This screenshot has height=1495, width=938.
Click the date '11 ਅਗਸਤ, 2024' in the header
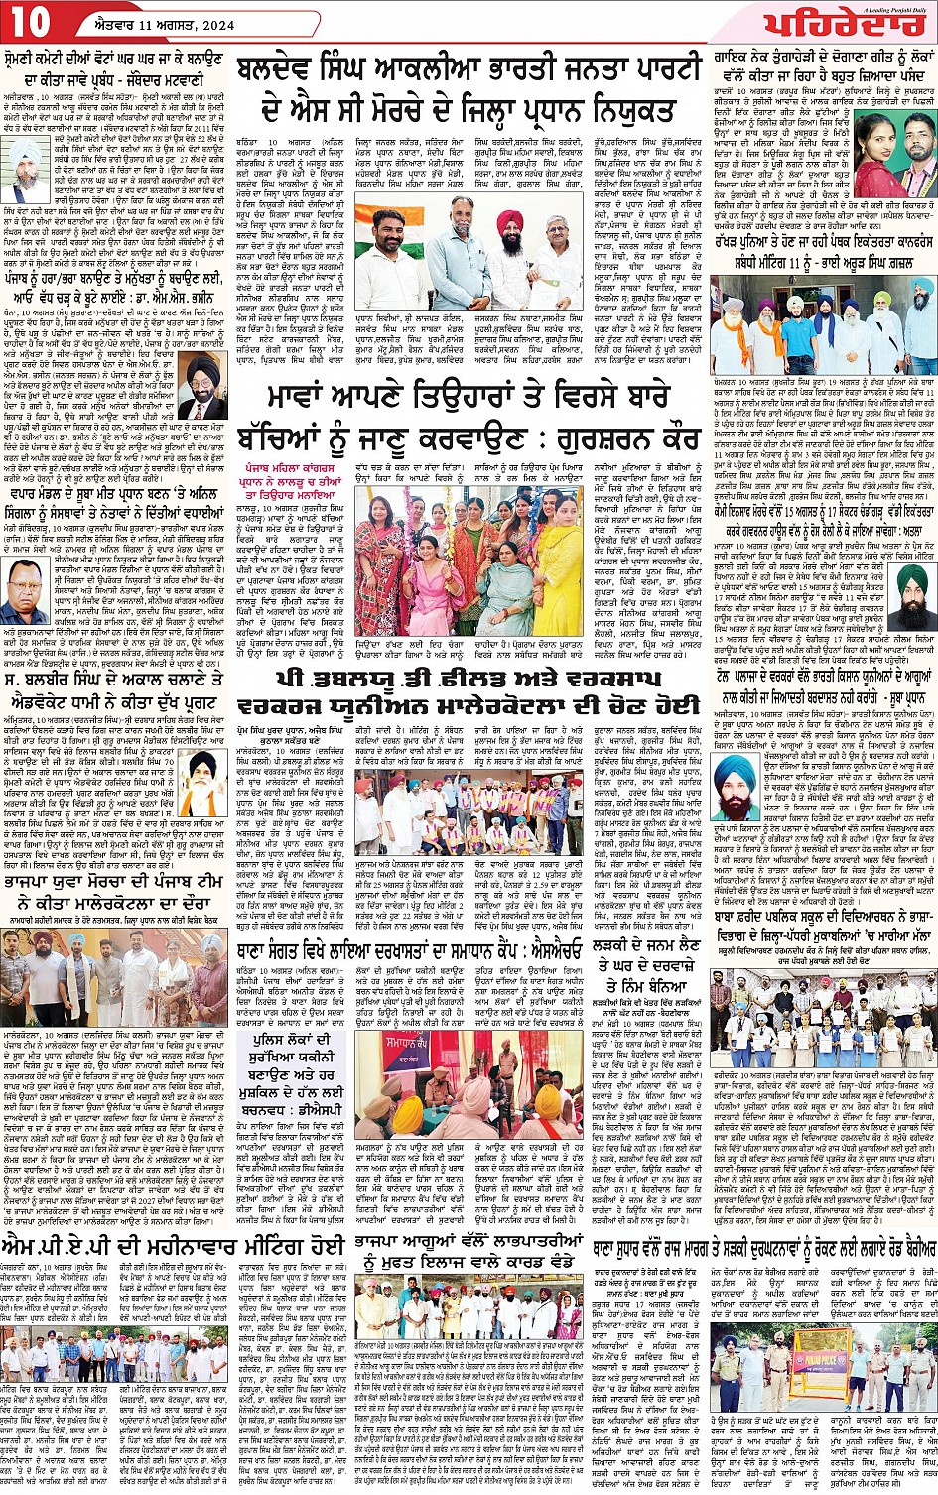[x=156, y=23]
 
